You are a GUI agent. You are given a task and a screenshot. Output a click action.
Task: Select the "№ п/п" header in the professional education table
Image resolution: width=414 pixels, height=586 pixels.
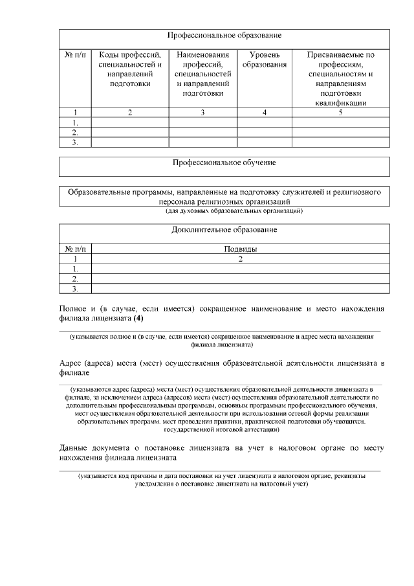pos(75,55)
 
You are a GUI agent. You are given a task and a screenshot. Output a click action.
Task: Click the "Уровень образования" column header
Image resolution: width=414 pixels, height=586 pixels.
pos(264,60)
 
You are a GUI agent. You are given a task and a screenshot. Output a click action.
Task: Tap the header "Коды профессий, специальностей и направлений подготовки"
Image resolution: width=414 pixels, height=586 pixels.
pos(130,69)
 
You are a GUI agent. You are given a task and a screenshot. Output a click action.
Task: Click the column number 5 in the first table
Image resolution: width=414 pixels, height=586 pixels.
pos(340,113)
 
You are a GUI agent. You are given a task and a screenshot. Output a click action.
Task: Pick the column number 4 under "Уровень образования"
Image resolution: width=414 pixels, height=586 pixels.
pos(264,113)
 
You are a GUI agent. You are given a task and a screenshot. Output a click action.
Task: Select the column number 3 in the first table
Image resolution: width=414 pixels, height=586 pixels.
pos(202,113)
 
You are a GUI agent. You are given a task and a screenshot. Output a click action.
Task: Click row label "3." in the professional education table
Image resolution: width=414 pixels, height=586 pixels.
pos(75,142)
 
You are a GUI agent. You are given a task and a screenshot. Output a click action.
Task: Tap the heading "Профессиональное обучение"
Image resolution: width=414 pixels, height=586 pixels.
pos(224,163)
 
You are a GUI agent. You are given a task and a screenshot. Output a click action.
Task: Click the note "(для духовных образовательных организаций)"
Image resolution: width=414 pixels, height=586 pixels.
pos(224,211)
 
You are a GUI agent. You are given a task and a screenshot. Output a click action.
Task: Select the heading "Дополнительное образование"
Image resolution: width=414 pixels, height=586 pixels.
pos(224,230)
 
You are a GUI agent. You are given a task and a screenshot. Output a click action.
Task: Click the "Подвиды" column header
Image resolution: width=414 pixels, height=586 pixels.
pos(241,249)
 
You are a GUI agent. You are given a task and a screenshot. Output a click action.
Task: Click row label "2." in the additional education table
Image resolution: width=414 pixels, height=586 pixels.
pos(75,278)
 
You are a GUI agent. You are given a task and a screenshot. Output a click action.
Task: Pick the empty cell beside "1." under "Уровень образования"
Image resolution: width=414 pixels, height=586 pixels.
pos(264,122)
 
